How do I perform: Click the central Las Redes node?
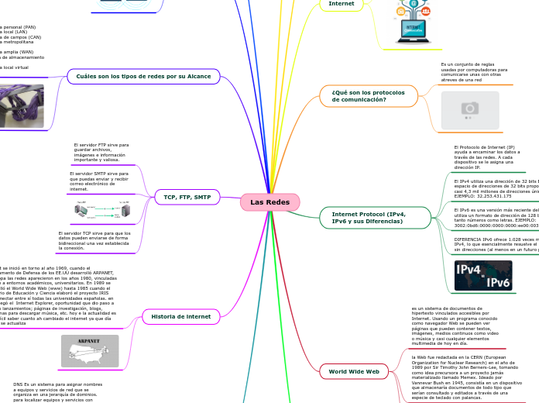point(269,202)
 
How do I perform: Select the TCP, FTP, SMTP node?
point(187,197)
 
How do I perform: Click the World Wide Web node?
point(354,372)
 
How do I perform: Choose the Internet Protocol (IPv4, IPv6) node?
point(369,218)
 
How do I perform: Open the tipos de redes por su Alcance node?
point(144,76)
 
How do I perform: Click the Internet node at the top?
point(342,4)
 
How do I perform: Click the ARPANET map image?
point(90,351)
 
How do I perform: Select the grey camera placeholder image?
point(469,110)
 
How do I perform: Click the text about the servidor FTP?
point(101,153)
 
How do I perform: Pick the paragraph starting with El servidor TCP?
point(94,241)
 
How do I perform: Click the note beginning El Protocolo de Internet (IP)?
point(486,157)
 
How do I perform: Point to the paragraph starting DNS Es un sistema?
point(57,391)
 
